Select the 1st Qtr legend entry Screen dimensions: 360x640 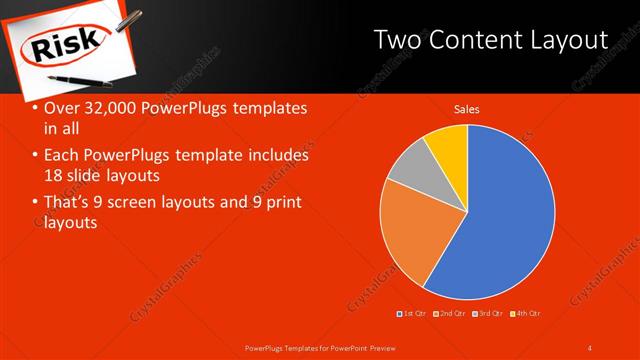coord(412,314)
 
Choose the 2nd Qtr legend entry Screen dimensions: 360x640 coord(448,314)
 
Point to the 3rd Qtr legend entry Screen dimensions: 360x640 coord(487,314)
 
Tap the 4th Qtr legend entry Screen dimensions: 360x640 coord(524,314)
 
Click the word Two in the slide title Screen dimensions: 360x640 coord(396,41)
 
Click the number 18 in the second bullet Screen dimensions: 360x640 coord(54,175)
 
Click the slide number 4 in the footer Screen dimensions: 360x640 coord(590,347)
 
